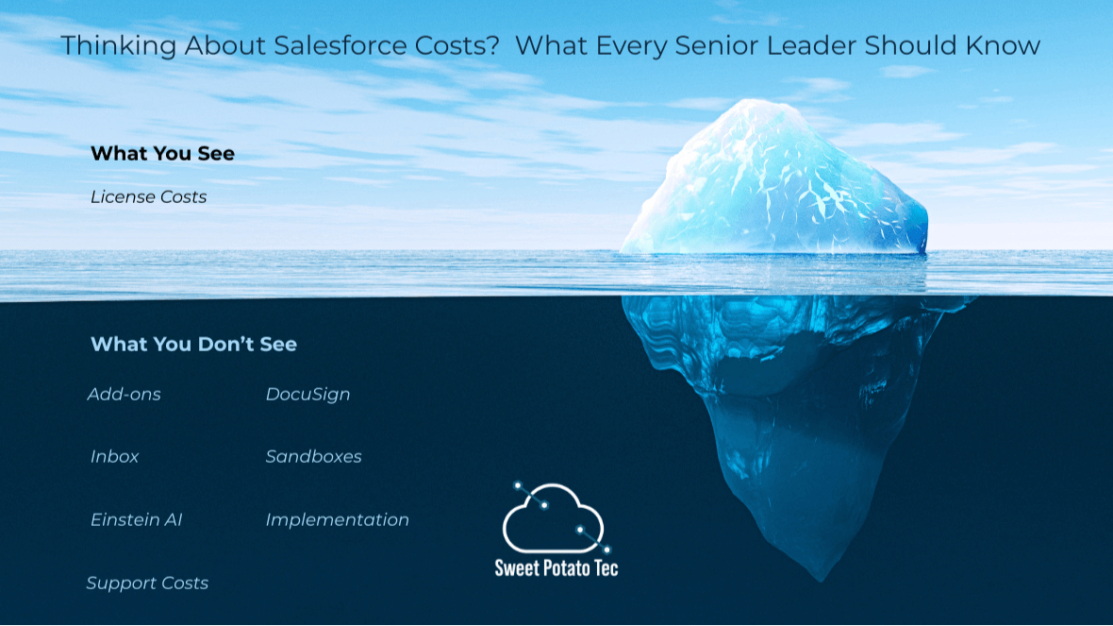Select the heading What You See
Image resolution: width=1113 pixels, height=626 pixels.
[162, 154]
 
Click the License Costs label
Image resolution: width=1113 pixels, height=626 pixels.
[148, 196]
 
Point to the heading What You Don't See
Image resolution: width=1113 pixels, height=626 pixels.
[193, 344]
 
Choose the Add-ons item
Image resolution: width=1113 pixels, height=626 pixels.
[125, 395]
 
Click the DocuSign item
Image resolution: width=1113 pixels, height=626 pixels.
[308, 395]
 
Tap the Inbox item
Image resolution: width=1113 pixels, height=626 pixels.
[114, 456]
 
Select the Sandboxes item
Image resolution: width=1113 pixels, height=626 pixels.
[314, 456]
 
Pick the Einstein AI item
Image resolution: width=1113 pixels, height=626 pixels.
[136, 519]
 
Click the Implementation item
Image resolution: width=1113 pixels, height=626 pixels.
[337, 520]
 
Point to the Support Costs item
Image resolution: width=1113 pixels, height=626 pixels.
[148, 584]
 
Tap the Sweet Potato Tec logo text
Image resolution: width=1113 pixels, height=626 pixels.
[556, 567]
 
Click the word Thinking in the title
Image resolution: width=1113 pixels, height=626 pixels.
[119, 46]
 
